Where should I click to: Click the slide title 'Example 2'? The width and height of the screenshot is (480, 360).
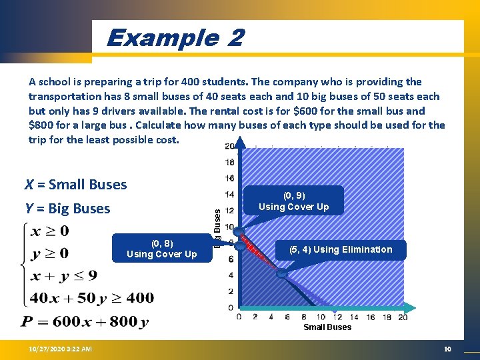(175, 38)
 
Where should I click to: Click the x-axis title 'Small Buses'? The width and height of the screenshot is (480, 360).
(327, 327)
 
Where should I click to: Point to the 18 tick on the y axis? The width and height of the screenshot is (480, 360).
(229, 162)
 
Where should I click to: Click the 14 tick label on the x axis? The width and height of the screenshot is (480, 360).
(353, 317)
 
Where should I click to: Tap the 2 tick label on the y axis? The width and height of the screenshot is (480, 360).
(230, 291)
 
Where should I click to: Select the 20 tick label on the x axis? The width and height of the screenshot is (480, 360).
(403, 317)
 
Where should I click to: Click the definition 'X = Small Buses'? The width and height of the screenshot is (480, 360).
(75, 185)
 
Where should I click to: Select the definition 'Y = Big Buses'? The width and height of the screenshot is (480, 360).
(67, 209)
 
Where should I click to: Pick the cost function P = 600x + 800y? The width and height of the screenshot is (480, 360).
(85, 323)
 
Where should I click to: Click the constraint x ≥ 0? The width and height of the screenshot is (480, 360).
(49, 232)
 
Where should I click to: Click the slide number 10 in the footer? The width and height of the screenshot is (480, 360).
(447, 349)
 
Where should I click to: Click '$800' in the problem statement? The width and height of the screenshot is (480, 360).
(41, 125)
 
